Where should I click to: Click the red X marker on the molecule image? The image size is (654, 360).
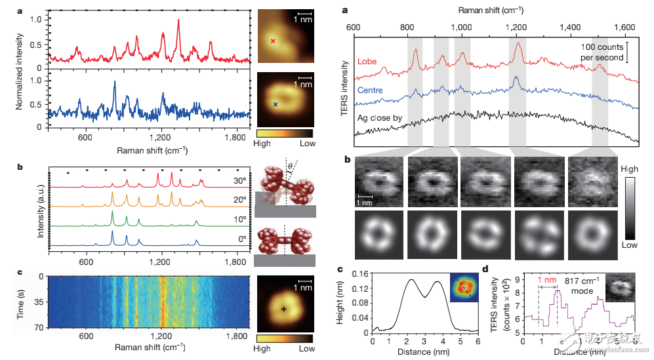click(x=274, y=41)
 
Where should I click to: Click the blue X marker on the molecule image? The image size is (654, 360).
click(x=276, y=104)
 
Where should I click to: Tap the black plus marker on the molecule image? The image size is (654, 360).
click(x=283, y=308)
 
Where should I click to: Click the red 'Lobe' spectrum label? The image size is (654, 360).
click(x=369, y=62)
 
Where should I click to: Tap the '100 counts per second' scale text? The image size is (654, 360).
click(x=600, y=52)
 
